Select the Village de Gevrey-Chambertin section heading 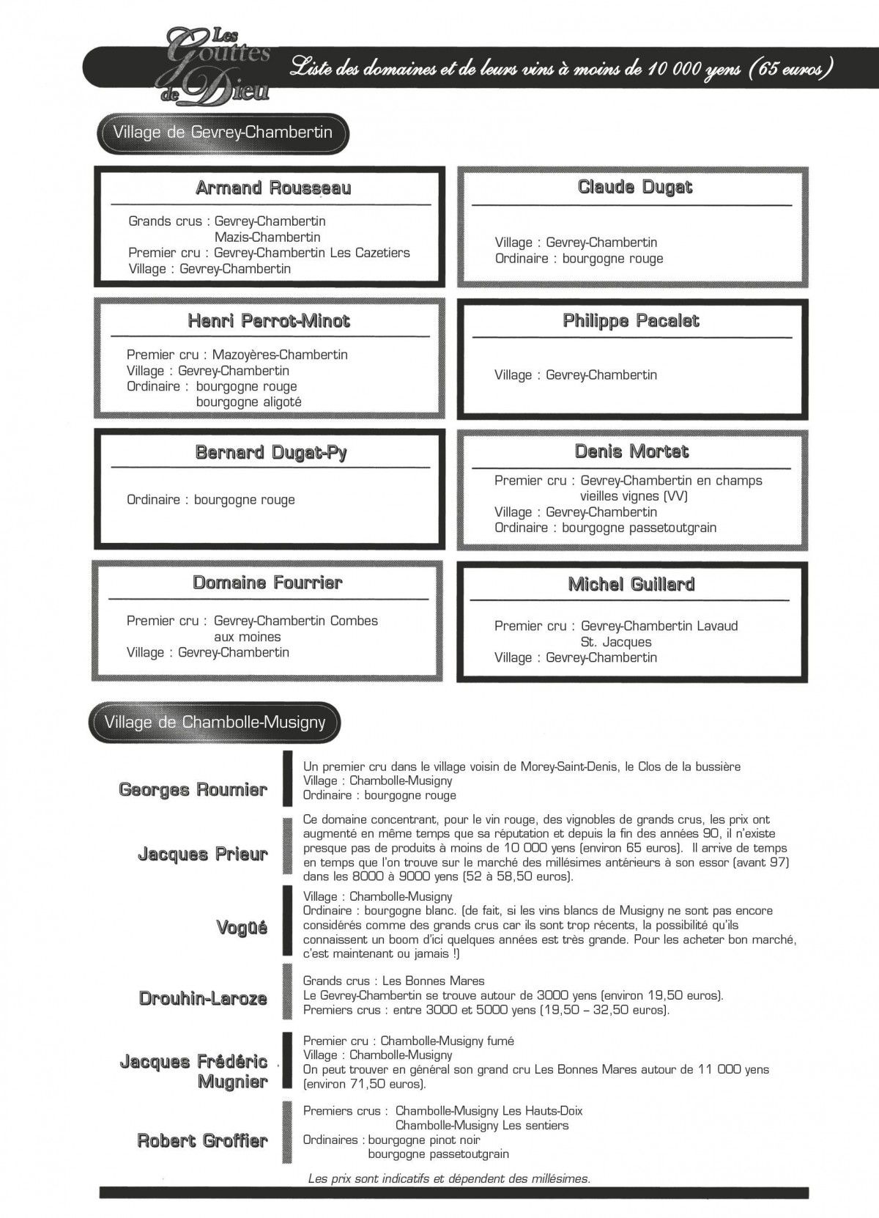tap(223, 133)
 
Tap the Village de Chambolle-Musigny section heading tap(215, 723)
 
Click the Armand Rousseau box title tap(273, 188)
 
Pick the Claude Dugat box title tap(634, 187)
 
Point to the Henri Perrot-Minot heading tap(269, 321)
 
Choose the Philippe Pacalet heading tap(631, 321)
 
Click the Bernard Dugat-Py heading tap(271, 452)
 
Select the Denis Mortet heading tap(631, 451)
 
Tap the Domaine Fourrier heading tap(267, 583)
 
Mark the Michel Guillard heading tap(631, 584)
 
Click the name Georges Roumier tap(193, 790)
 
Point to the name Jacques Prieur tap(202, 854)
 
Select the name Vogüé tap(242, 928)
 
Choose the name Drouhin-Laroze tap(203, 998)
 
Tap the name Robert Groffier tap(202, 1140)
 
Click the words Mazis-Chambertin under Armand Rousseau tap(267, 237)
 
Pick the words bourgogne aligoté tap(248, 402)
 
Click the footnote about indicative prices tap(449, 1179)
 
